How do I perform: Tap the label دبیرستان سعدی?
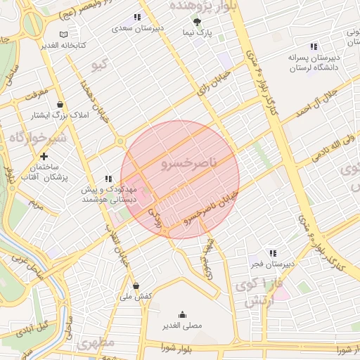click(x=141, y=29)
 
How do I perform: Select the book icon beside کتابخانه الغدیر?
click(x=64, y=34)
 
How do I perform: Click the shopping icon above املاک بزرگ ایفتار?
click(x=60, y=104)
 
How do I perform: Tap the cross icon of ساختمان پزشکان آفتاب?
click(x=44, y=156)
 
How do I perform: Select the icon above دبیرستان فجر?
click(x=272, y=253)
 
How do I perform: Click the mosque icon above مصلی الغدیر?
click(x=183, y=314)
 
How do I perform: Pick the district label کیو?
click(x=100, y=65)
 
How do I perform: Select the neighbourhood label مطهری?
click(x=96, y=344)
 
